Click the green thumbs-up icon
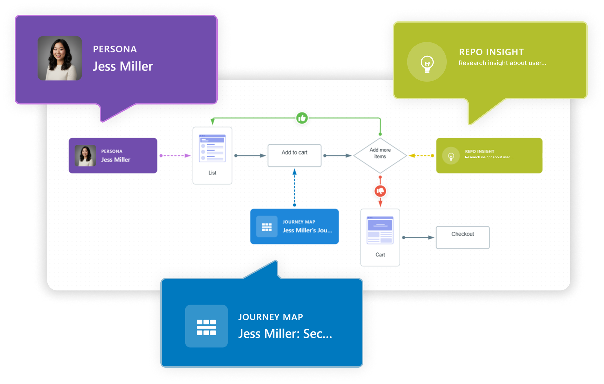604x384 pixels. click(302, 118)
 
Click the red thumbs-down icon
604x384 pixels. click(380, 191)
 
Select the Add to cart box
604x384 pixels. click(294, 155)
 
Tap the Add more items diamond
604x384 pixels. click(380, 155)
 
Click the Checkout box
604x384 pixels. click(463, 237)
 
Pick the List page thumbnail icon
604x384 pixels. click(212, 148)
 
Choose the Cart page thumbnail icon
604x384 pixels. click(380, 230)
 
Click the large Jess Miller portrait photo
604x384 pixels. click(60, 58)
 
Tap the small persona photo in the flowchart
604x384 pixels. click(85, 155)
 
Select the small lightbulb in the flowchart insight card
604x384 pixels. click(451, 156)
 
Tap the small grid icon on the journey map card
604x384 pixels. click(267, 227)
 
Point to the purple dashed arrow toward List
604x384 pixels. click(175, 155)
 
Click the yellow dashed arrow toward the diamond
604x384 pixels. click(421, 155)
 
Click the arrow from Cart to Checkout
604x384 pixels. click(418, 237)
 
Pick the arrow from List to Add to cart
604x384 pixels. click(250, 155)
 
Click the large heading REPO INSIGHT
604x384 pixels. click(491, 52)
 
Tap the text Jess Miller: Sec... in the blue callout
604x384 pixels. click(285, 334)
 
